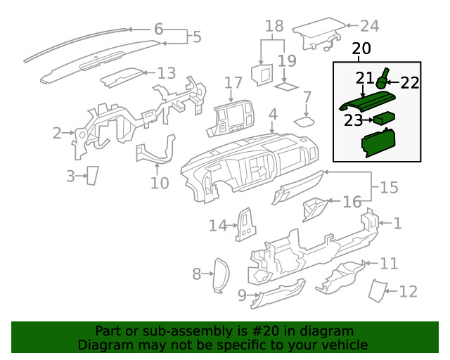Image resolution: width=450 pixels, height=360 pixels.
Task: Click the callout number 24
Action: pyautogui.click(x=369, y=26)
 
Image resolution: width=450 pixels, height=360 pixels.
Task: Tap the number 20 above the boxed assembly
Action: pyautogui.click(x=361, y=49)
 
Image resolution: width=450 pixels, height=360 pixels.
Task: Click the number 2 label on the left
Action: pyautogui.click(x=57, y=131)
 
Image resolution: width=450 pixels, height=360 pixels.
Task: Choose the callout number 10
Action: pyautogui.click(x=160, y=183)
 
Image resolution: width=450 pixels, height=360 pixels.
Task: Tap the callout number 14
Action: pyautogui.click(x=219, y=225)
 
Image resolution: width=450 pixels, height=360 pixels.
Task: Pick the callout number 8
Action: pyautogui.click(x=197, y=274)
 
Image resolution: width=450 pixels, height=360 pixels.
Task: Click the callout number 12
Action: pyautogui.click(x=408, y=290)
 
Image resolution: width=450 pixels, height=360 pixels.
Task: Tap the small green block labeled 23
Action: pyautogui.click(x=383, y=119)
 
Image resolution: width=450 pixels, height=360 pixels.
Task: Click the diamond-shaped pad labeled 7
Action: pyautogui.click(x=304, y=120)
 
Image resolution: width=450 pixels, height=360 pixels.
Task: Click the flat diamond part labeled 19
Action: pyautogui.click(x=285, y=87)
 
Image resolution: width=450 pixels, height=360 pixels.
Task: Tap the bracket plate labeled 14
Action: pyautogui.click(x=245, y=224)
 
